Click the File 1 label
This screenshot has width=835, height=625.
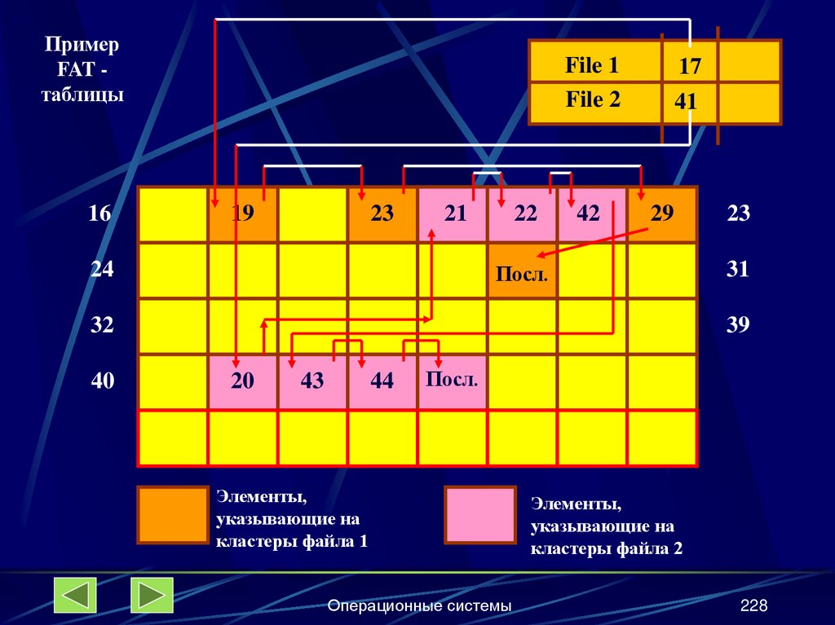coord(592,66)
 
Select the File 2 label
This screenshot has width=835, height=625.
coord(593,100)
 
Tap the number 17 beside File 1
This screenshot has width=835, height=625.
coord(690,67)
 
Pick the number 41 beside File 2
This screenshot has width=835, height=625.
coord(685,102)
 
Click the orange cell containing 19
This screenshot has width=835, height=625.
coord(242,214)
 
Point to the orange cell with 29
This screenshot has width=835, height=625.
coord(662,214)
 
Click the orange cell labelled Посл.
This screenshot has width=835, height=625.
coord(522,271)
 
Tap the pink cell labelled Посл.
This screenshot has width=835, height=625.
coord(452,381)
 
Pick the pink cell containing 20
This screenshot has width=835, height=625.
coord(242,381)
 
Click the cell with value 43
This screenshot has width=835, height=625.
coord(312,381)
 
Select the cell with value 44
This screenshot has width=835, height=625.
coord(382,381)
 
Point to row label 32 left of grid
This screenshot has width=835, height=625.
coord(102,325)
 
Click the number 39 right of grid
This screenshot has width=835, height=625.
coord(738,325)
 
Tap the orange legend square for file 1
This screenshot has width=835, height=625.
coord(172,515)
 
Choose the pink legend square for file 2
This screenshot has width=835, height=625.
coord(480,515)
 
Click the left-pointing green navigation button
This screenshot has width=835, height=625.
coord(75,595)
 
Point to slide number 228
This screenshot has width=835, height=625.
coord(754,605)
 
